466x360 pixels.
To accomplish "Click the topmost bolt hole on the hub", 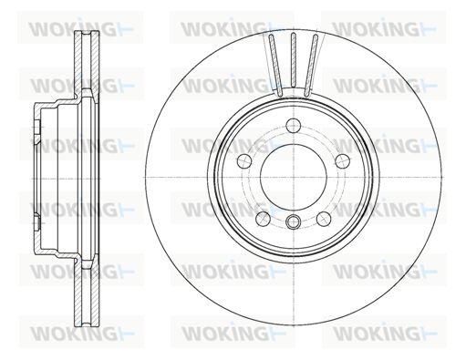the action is [x=294, y=126].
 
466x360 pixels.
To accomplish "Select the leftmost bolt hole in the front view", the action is [x=244, y=160].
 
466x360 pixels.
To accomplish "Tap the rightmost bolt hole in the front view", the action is [x=343, y=160].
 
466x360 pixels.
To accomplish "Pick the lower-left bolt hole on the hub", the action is [x=263, y=219].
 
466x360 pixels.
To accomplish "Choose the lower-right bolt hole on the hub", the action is [x=324, y=219].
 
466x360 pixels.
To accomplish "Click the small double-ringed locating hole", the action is [x=294, y=221].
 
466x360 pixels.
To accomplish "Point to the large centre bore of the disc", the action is [x=294, y=177].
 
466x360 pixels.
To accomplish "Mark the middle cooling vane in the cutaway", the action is [x=294, y=60].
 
